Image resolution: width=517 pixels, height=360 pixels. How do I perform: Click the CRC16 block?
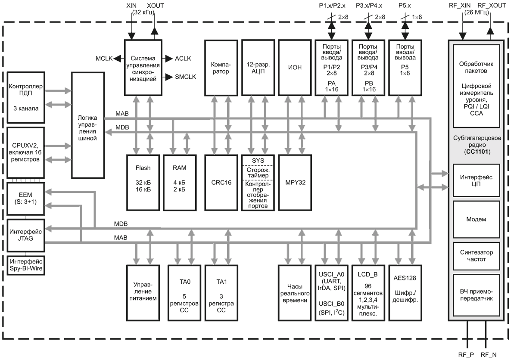(221, 183)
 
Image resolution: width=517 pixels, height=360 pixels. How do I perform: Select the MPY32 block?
(295, 183)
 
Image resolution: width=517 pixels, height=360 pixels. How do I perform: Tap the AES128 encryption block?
(405, 293)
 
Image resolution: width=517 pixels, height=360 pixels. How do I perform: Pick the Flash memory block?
(143, 183)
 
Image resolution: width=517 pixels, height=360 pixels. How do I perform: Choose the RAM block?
(180, 183)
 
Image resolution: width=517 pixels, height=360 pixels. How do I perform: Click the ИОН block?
(295, 68)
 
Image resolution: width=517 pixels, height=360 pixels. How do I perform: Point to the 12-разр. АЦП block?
(258, 68)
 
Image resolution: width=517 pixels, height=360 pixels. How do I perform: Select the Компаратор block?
(221, 68)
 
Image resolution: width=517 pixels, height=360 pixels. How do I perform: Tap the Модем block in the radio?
(477, 219)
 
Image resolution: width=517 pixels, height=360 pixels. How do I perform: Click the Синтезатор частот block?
(477, 256)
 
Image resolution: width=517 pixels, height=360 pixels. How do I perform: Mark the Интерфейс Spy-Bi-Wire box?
(26, 265)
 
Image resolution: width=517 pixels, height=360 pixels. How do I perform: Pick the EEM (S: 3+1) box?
(25, 199)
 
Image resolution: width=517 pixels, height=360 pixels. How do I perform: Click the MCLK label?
(104, 59)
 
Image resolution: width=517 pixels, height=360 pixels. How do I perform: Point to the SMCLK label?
(186, 77)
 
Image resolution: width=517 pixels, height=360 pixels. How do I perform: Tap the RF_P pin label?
(466, 355)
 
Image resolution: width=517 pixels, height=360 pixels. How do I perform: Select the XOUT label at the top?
(156, 6)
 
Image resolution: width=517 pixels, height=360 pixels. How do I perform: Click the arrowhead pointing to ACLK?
(169, 59)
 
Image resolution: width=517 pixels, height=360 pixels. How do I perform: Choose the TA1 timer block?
(221, 293)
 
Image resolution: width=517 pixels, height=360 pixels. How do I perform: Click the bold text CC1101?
(477, 152)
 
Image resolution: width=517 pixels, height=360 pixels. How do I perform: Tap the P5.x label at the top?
(405, 6)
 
